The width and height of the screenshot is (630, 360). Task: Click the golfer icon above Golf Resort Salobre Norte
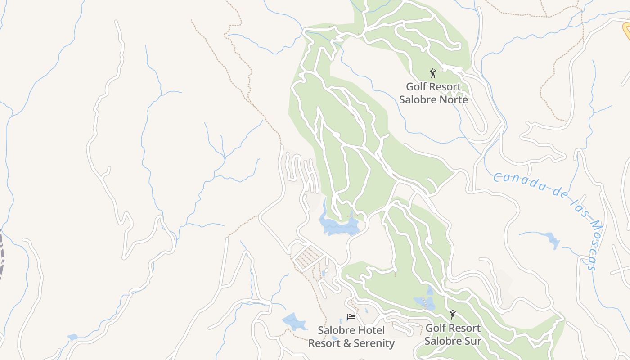pyautogui.click(x=433, y=73)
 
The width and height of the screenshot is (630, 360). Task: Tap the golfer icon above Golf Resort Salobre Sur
pyautogui.click(x=452, y=315)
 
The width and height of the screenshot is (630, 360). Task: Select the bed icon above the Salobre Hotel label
pyautogui.click(x=351, y=317)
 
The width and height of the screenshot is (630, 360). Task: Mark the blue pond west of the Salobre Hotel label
pyautogui.click(x=293, y=321)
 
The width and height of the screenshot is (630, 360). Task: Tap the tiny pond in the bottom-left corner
pyautogui.click(x=72, y=337)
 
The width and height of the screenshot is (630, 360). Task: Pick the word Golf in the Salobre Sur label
pyautogui.click(x=435, y=328)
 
